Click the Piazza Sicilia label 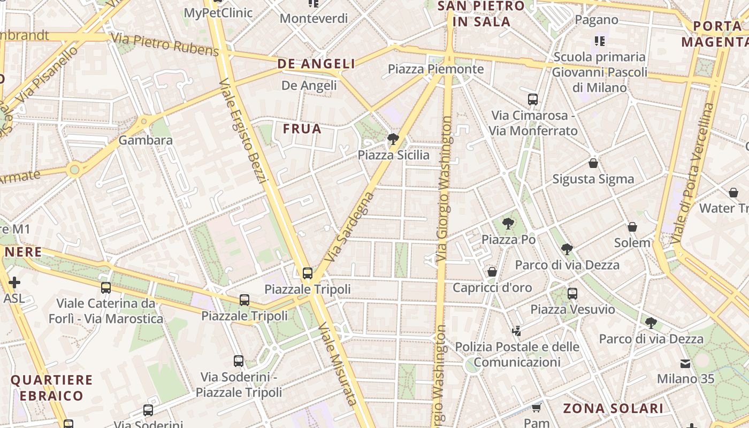(x=393, y=155)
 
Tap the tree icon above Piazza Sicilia (x=393, y=140)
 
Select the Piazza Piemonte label (x=435, y=69)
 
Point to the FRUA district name (x=302, y=129)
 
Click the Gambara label (x=146, y=140)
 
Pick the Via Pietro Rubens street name (x=165, y=44)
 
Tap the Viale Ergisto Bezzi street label (x=243, y=131)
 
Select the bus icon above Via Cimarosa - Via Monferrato (x=533, y=99)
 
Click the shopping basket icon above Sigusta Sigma (x=593, y=163)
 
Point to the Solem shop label (x=632, y=242)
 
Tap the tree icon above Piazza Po (x=508, y=224)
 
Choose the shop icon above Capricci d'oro (x=492, y=272)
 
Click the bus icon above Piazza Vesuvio (x=572, y=293)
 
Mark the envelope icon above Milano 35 (x=685, y=364)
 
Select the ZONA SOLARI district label (x=613, y=409)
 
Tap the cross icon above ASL (x=14, y=282)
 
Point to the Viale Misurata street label (x=337, y=364)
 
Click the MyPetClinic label (x=218, y=13)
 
